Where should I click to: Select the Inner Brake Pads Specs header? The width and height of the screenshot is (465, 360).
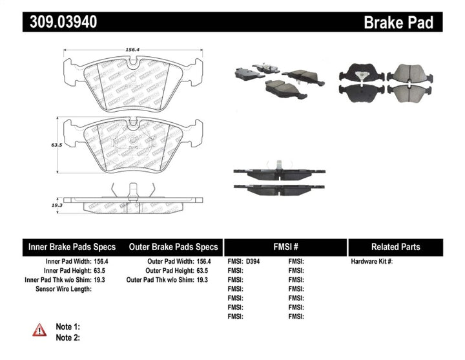point(72,247)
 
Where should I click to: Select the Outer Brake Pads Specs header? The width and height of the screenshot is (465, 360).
point(173,247)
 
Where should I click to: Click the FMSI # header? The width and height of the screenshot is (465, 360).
point(285,247)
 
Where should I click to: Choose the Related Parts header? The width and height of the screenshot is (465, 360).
point(395,247)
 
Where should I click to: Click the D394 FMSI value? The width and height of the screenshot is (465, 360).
point(255,262)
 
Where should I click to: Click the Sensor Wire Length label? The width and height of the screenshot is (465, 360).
point(63,289)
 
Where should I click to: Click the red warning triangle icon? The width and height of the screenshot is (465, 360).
point(40,330)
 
